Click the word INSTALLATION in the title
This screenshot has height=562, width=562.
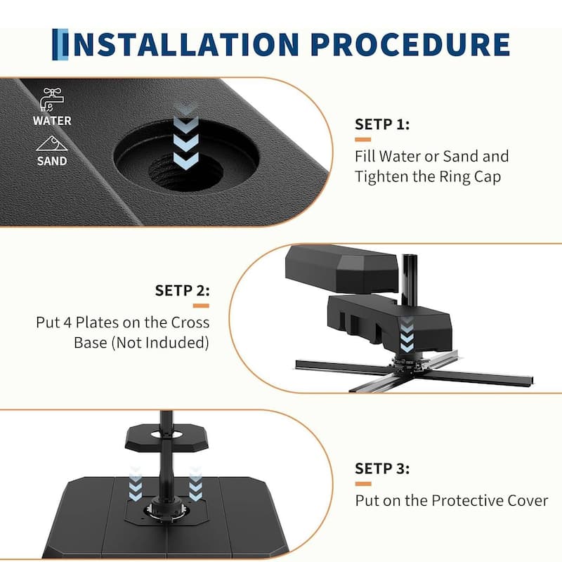coord(186,44)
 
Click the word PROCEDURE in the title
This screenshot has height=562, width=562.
coord(410,44)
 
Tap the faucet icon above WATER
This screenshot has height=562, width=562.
coord(52,100)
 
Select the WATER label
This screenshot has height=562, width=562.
coord(52,121)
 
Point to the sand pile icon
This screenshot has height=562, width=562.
coord(52,143)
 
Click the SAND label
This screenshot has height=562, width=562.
coord(52,161)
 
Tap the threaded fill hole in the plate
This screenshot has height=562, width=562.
coord(185,171)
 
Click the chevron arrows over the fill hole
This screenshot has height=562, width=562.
coord(185,136)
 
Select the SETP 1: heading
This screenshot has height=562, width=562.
coord(382,124)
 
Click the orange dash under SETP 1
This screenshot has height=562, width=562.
coord(362,140)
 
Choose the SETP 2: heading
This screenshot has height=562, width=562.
coord(183,290)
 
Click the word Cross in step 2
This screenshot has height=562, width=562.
coord(190,322)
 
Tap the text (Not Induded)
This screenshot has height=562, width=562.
coord(160,343)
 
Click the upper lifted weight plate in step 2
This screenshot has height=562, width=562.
coord(341,268)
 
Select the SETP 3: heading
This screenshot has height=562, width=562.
coord(382,469)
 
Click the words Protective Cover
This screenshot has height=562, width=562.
coord(490,501)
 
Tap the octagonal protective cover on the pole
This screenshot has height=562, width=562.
coord(166,437)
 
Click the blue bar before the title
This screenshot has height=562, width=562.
coord(60,44)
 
